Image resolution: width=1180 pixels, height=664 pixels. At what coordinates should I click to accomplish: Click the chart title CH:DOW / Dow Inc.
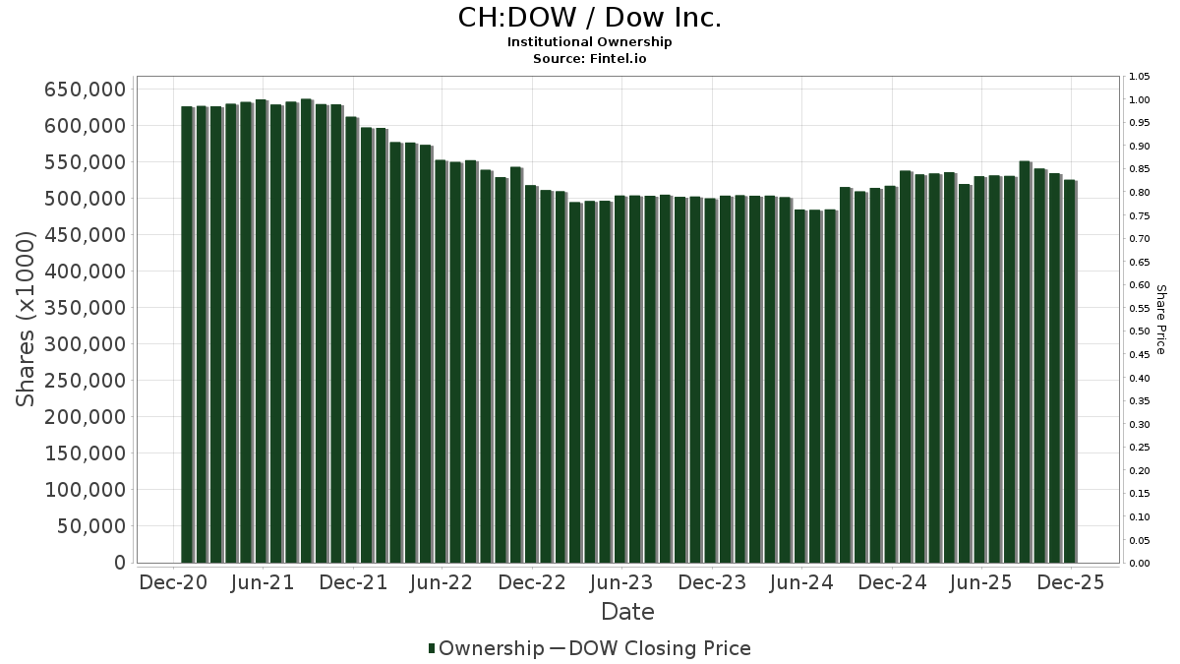click(590, 18)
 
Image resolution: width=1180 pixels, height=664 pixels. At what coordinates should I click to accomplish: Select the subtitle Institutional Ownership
click(590, 42)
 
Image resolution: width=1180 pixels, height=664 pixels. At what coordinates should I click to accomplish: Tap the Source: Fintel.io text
click(590, 58)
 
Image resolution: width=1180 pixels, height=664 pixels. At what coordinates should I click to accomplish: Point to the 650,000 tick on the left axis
click(87, 90)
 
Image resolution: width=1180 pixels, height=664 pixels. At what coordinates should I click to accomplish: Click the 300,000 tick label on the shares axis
click(87, 344)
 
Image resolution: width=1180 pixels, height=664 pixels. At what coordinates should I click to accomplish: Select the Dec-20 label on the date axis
click(173, 582)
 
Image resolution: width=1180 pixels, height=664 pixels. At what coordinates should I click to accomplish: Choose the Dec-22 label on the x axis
click(531, 582)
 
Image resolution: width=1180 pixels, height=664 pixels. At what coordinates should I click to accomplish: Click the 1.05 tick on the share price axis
click(1140, 77)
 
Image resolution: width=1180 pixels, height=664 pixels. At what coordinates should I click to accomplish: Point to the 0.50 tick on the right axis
click(1140, 332)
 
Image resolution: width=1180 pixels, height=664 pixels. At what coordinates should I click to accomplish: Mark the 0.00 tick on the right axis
click(1140, 564)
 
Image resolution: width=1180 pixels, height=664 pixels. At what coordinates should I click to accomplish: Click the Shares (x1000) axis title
click(27, 320)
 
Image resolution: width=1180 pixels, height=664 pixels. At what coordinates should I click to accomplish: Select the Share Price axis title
click(1161, 320)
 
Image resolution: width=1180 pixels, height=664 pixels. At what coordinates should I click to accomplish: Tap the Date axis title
click(627, 612)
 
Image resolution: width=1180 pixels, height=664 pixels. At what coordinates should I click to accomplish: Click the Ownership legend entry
click(486, 648)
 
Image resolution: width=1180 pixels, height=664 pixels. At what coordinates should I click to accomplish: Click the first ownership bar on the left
click(187, 334)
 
